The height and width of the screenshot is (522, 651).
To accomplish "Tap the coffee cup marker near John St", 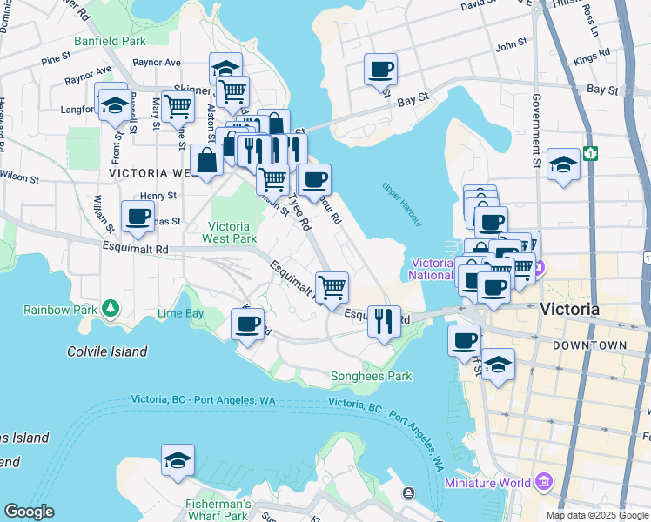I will tap(380, 70).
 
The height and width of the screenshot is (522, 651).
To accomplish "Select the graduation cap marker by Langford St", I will tap(114, 105).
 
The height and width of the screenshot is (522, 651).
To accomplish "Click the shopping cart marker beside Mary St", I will tap(178, 106).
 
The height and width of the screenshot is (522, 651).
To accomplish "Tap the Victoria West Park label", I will tap(230, 231).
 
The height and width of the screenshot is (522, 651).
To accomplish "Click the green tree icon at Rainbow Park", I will tap(110, 309).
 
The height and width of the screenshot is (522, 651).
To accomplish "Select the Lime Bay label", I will tap(180, 313).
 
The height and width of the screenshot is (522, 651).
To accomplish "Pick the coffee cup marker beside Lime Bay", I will tap(247, 325).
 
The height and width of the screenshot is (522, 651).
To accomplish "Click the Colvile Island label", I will tap(107, 351).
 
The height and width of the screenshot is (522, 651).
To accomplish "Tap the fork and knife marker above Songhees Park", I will tap(383, 321).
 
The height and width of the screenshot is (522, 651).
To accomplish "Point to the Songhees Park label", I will tap(371, 377).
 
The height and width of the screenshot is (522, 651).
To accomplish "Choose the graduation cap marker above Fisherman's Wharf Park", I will tap(178, 460).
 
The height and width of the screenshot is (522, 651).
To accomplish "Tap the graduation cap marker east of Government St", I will tap(564, 164).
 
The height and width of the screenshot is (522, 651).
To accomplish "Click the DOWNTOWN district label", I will tap(589, 345).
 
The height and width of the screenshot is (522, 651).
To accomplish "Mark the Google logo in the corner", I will tap(29, 512).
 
